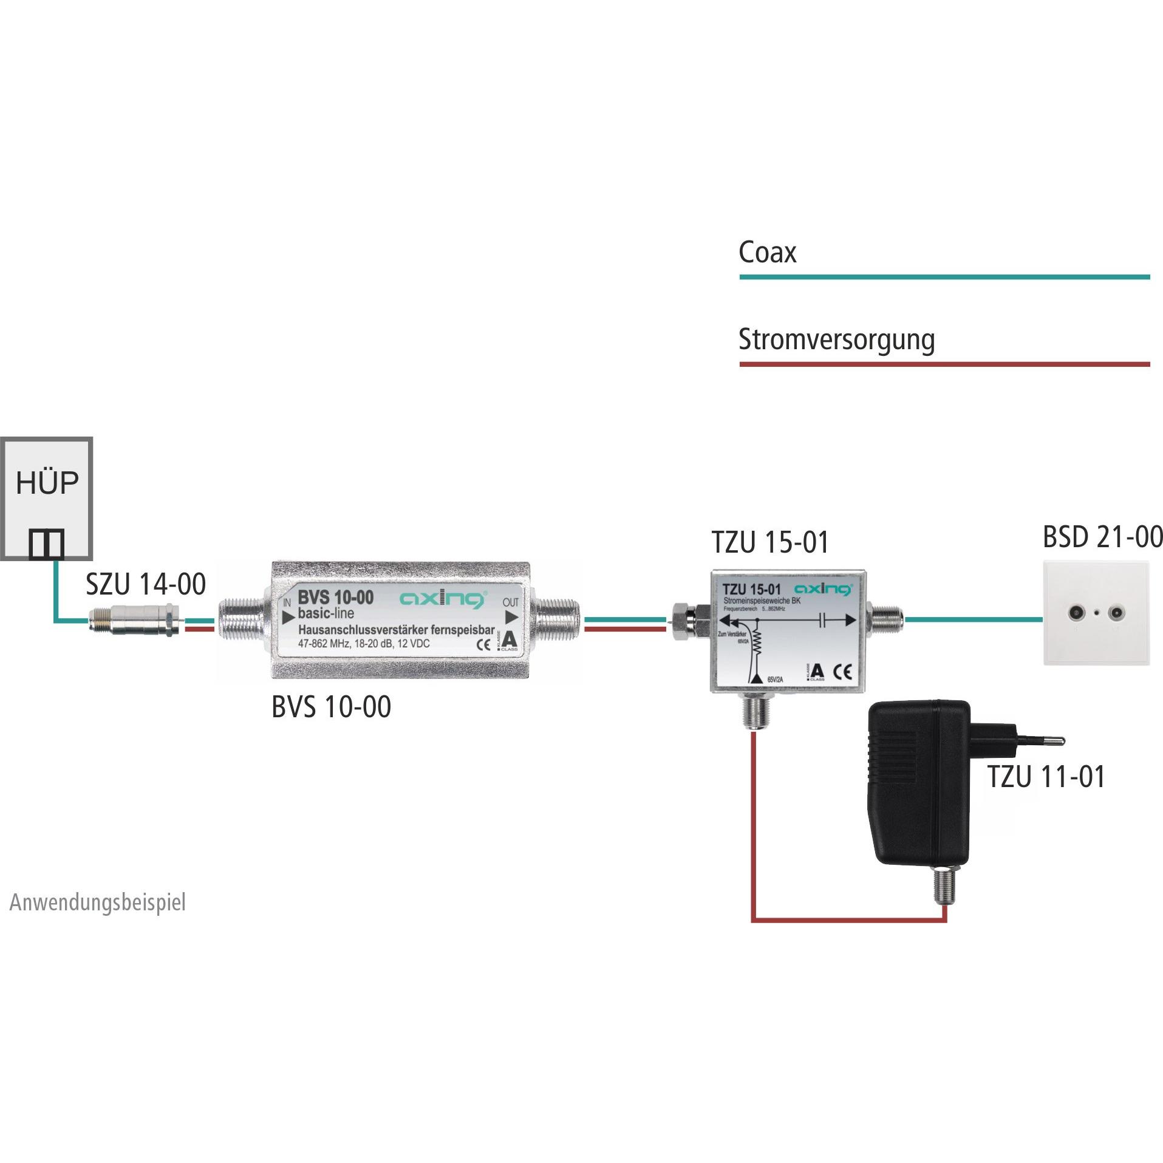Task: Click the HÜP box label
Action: (47, 483)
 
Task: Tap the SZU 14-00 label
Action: (146, 584)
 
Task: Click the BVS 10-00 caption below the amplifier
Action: (331, 707)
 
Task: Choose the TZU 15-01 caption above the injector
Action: (770, 542)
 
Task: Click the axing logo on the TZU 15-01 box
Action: (824, 589)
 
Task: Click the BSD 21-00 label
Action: (1102, 537)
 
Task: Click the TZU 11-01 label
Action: (1046, 777)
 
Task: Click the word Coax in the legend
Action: (767, 252)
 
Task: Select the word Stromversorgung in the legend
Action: (836, 340)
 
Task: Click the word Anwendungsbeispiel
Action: (97, 902)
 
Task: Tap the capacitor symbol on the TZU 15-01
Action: (824, 620)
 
